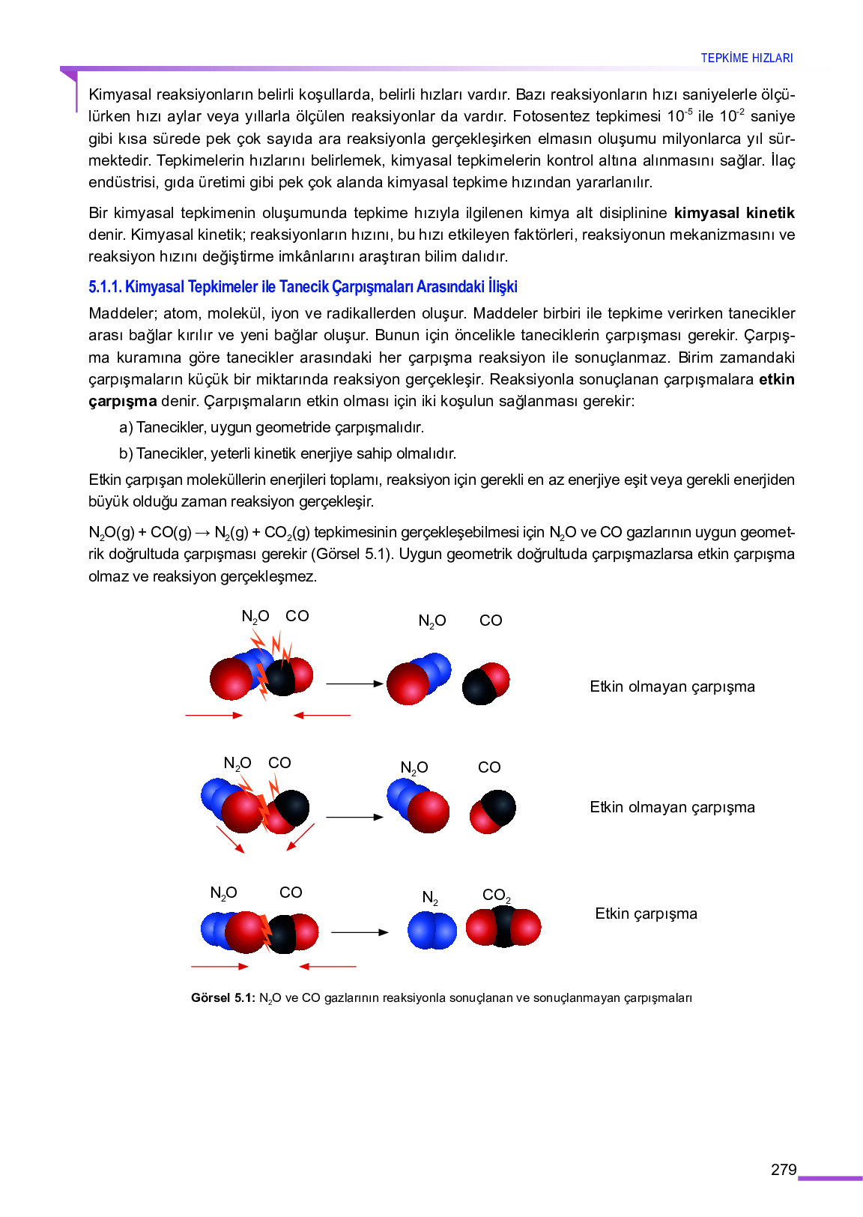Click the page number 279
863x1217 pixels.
pos(784,1170)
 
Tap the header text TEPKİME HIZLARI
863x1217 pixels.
pos(746,58)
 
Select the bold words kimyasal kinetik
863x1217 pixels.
pos(733,213)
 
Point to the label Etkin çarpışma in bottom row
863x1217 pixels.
pos(646,913)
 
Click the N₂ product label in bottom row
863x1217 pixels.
pos(430,897)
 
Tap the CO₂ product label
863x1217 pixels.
pos(496,896)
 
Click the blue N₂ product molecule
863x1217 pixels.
pos(432,930)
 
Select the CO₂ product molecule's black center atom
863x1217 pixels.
pos(503,927)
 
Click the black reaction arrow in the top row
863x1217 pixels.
pos(355,683)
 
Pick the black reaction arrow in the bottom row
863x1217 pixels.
pos(360,932)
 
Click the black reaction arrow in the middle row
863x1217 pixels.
pos(355,817)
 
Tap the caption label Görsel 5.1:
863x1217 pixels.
pos(223,998)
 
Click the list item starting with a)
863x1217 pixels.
pos(272,427)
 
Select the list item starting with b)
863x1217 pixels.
pos(288,453)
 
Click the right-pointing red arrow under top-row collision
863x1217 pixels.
pos(214,716)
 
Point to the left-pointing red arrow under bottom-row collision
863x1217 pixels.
pos(327,967)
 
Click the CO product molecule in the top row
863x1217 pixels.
pos(485,683)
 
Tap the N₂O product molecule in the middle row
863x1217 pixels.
pos(418,805)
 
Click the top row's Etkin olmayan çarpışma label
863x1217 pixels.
pos(672,686)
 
